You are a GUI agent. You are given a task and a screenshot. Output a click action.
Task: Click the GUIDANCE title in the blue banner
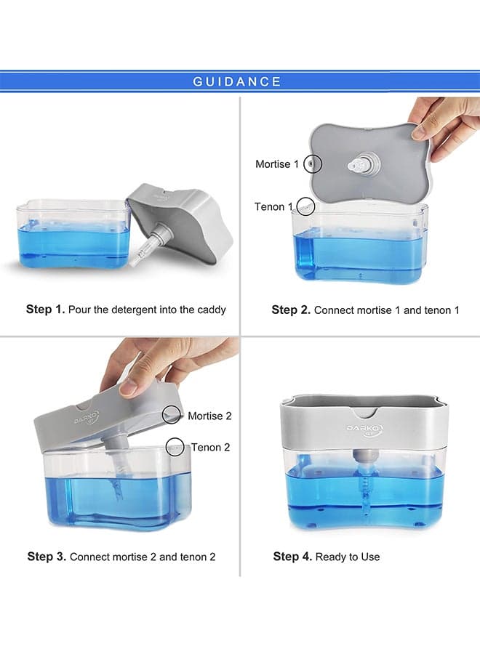point(236,81)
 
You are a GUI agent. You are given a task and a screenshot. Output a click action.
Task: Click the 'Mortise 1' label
point(277,164)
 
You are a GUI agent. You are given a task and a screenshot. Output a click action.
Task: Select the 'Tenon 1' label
point(274,206)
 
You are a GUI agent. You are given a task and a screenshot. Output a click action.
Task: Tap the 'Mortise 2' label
point(209,416)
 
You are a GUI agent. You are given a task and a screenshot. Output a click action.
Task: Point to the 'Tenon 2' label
point(210,447)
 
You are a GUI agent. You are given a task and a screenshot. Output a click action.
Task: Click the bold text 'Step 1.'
point(45,309)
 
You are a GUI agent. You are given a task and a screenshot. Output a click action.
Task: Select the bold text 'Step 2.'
point(291,310)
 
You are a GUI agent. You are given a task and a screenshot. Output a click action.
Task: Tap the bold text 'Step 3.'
point(47,557)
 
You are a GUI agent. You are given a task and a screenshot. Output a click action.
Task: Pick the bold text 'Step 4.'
point(292,557)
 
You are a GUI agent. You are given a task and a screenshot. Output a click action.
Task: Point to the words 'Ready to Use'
point(348,557)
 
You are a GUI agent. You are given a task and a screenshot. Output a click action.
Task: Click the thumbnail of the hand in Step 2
point(420,132)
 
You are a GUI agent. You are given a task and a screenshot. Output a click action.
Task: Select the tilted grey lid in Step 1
point(180,222)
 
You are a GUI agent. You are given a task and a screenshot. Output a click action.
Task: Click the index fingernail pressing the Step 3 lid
point(129,388)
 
